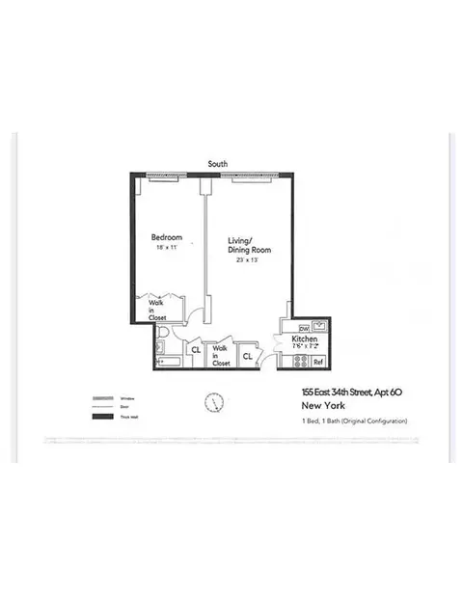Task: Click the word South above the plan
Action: pos(219,165)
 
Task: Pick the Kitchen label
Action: pos(305,340)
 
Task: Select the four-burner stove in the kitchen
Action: pos(299,362)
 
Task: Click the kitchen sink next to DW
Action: pos(317,326)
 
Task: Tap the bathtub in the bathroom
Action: pos(169,362)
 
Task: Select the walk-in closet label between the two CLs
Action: pos(221,356)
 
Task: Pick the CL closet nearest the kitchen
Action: pos(247,356)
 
